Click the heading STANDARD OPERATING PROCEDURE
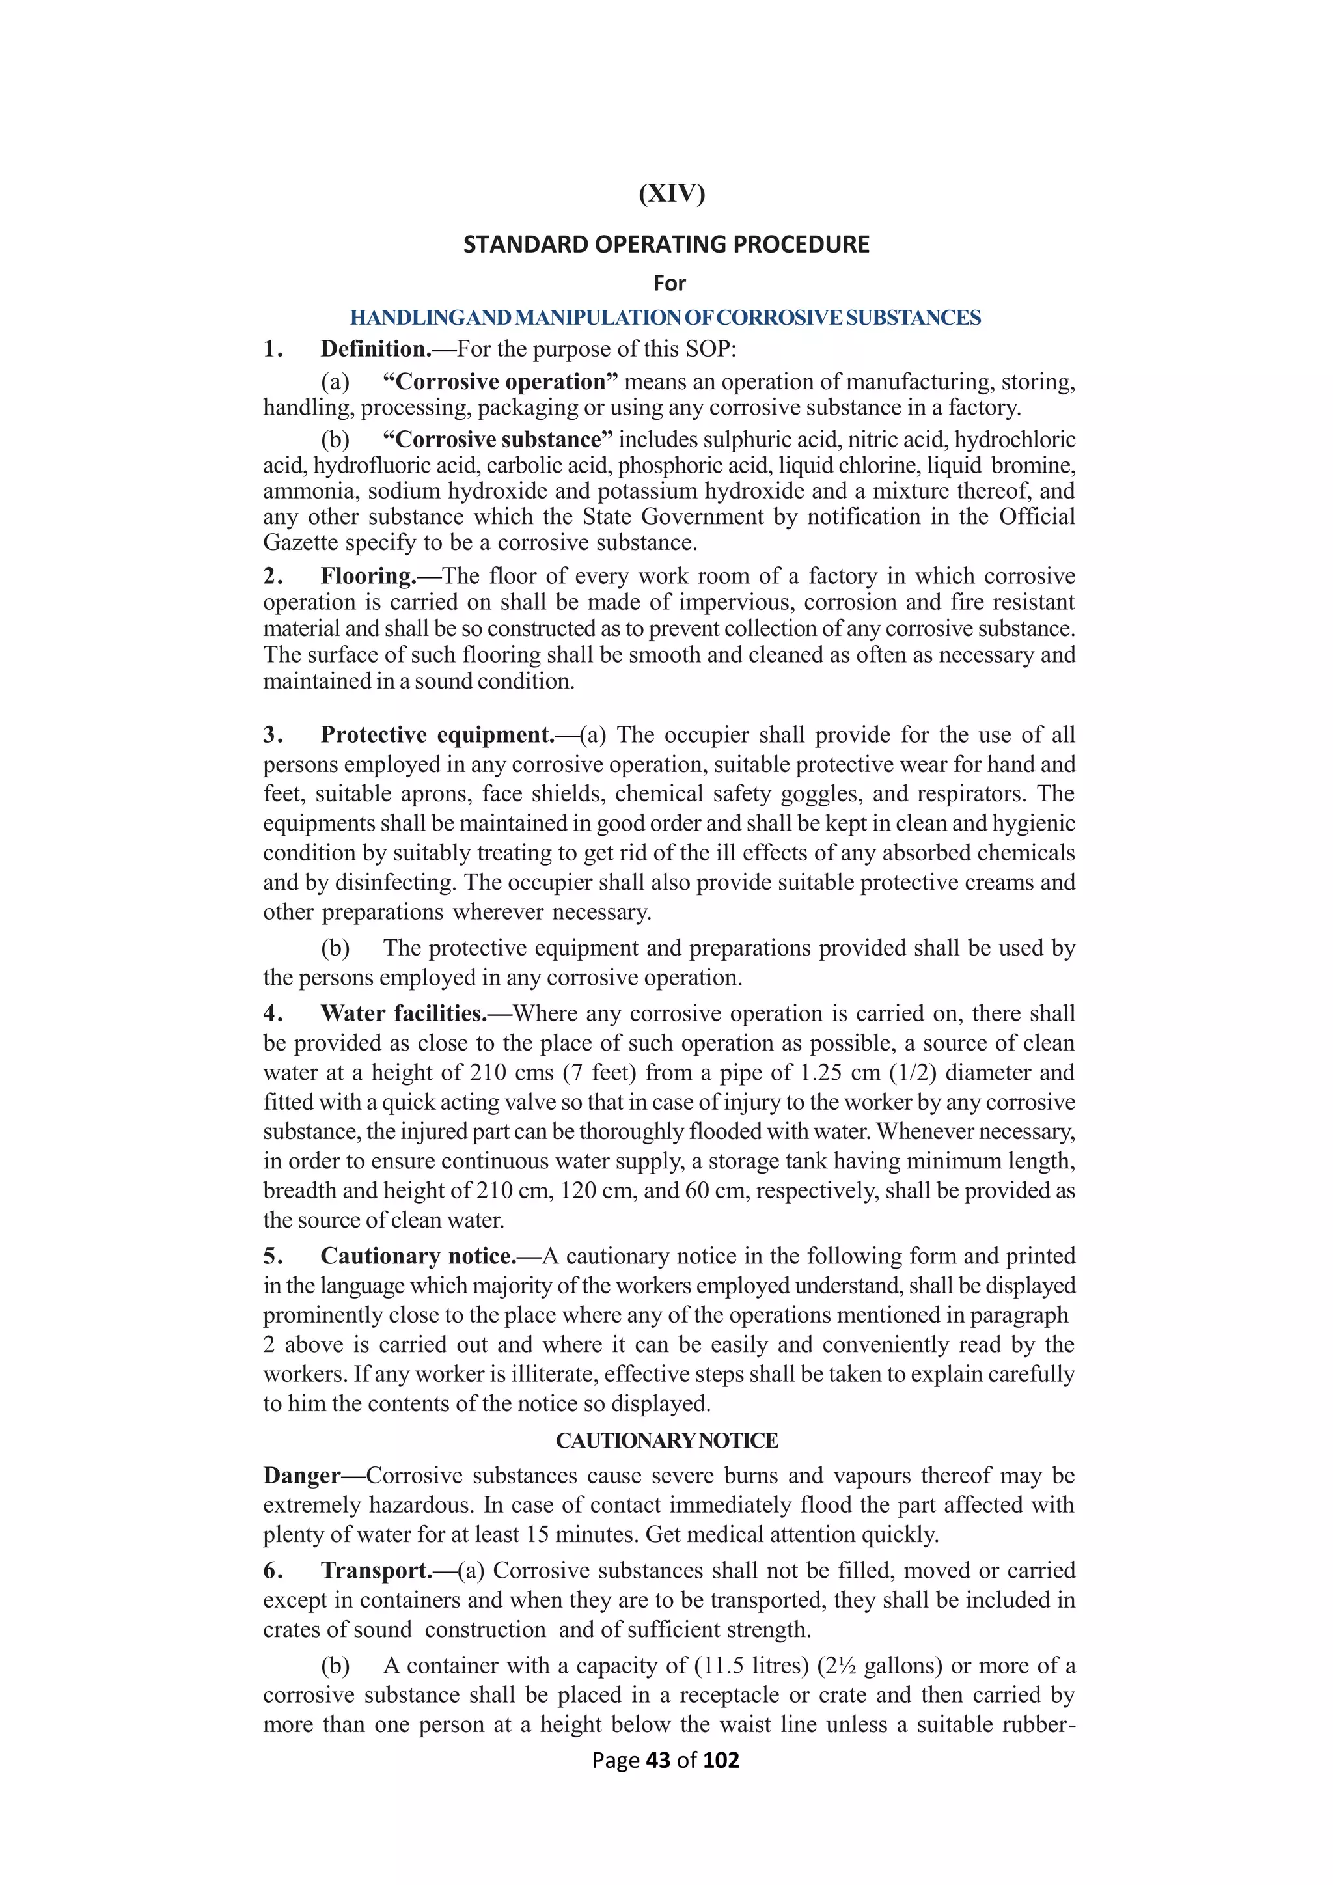(x=666, y=245)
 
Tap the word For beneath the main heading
(x=669, y=283)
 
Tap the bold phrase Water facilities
(x=403, y=1014)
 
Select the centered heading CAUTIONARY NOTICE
(x=666, y=1441)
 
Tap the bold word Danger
(x=301, y=1476)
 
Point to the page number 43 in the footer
(x=658, y=1760)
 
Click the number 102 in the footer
(x=721, y=1760)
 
